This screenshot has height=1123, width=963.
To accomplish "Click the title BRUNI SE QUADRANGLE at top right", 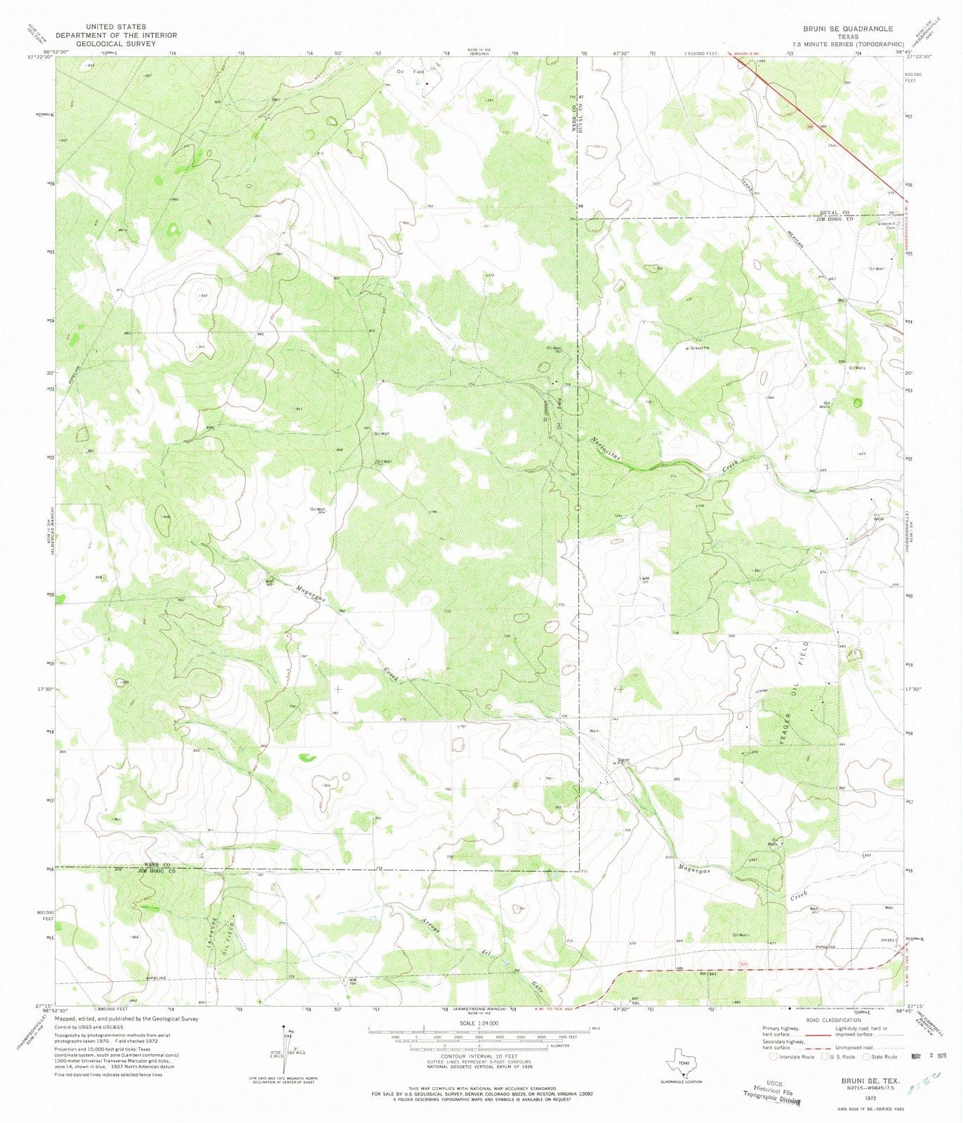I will coord(848,29).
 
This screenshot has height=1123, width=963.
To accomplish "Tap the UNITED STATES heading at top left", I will coord(116,26).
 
